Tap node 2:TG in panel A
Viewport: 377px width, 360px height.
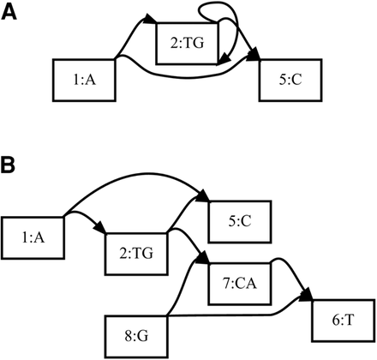(x=187, y=43)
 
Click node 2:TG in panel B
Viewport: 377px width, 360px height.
(x=135, y=254)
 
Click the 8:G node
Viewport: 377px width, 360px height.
(x=135, y=333)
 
